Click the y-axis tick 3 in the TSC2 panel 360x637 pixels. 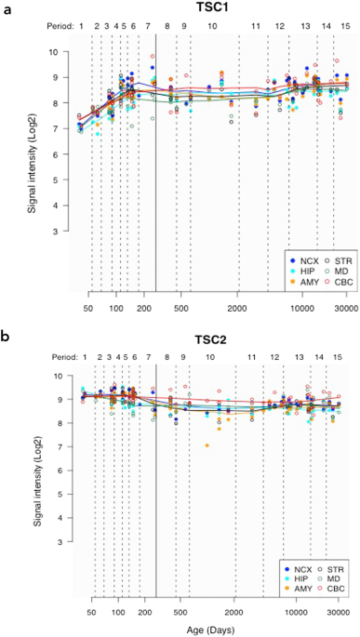[x=61, y=541]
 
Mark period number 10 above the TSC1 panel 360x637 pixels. [x=212, y=27]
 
